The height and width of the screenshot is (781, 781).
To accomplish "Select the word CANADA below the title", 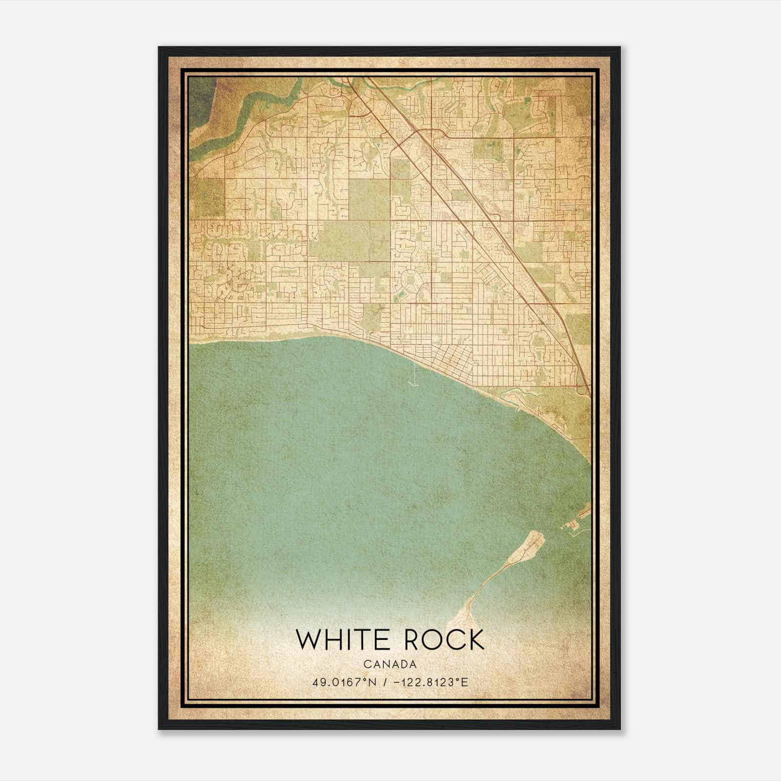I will pyautogui.click(x=390, y=664).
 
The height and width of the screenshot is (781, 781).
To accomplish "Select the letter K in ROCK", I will pyautogui.click(x=475, y=639).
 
